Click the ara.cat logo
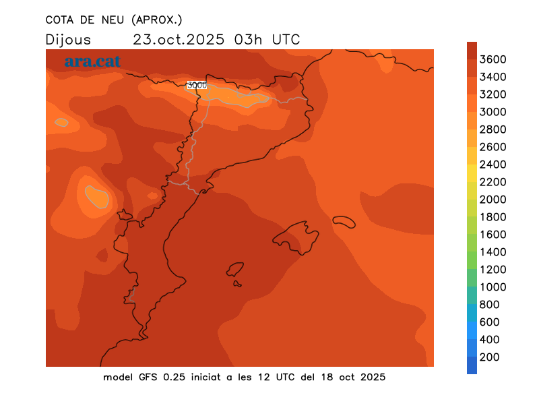coord(92,61)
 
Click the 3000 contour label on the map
coord(197,85)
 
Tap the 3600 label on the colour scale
coord(493,59)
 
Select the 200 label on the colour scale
coord(490,357)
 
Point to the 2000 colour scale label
coord(493,200)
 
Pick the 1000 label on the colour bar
coord(493,287)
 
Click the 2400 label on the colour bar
coord(493,165)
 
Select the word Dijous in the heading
coord(68,39)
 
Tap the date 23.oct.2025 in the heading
coord(179,39)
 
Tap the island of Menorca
coord(344,221)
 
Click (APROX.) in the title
coord(156,20)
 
